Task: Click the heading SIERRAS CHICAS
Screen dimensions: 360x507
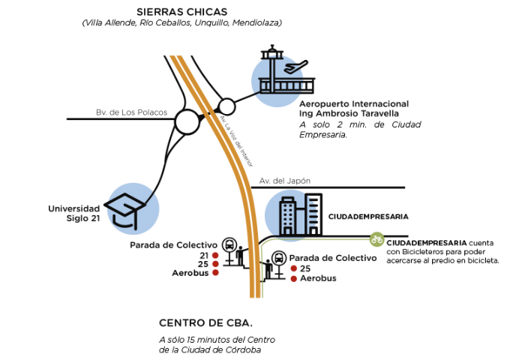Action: [x=181, y=11]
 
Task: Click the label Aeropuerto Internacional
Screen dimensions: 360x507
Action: [x=354, y=103]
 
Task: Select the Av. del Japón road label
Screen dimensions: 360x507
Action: [x=285, y=181]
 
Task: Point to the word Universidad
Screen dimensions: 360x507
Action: [x=73, y=208]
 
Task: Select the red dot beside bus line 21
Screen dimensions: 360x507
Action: [x=215, y=256]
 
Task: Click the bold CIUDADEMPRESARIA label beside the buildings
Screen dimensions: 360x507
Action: [x=367, y=216]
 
